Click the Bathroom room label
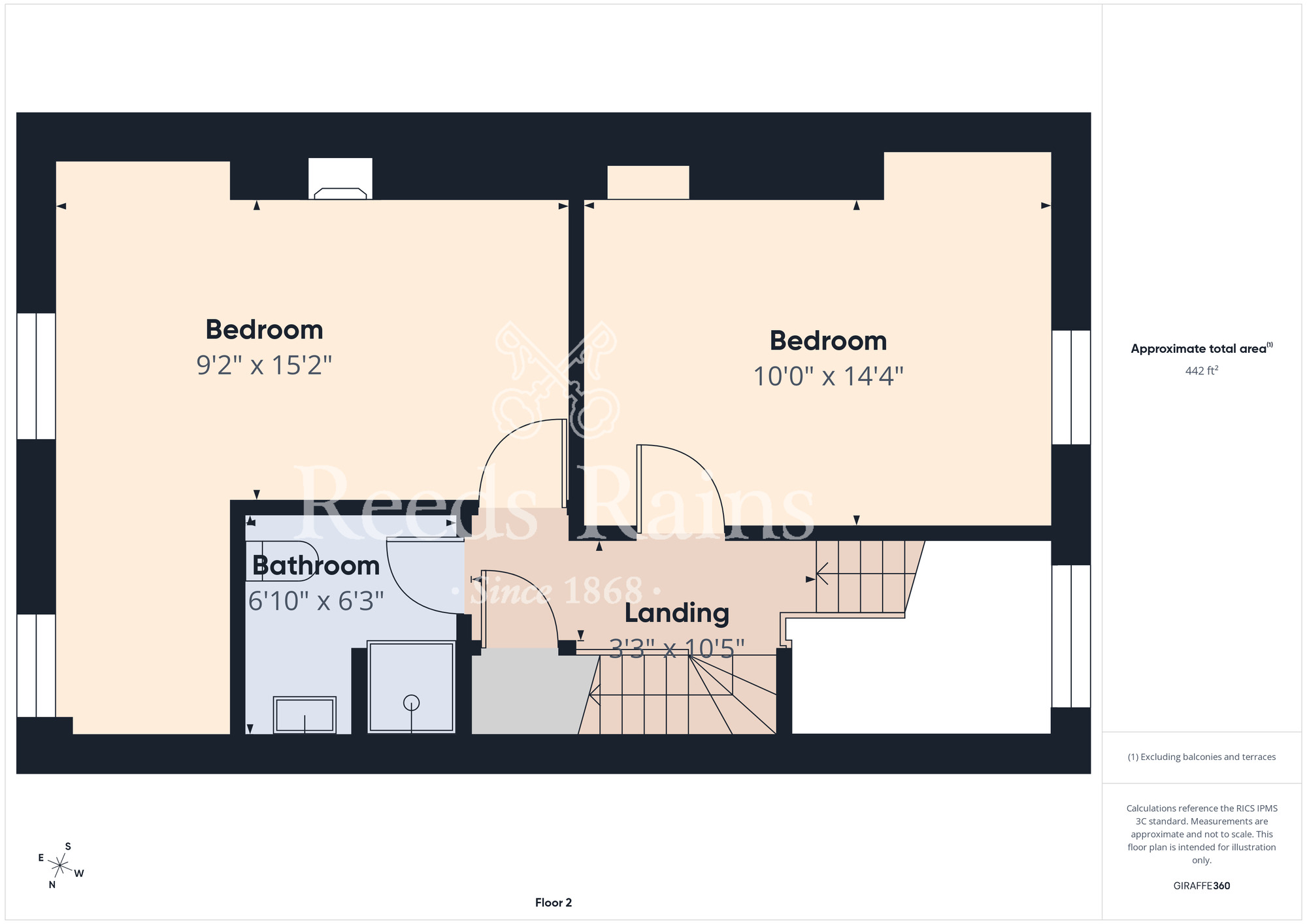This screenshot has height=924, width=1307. (316, 565)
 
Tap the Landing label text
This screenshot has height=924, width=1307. (676, 613)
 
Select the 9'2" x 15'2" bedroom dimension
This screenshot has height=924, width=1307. (264, 365)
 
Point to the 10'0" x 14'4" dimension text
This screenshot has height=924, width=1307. (828, 376)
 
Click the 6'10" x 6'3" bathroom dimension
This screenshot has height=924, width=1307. (316, 601)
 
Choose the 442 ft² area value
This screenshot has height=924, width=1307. (1201, 371)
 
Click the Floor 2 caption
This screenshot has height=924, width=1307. (554, 902)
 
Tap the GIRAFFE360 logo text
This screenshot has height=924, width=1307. (1201, 886)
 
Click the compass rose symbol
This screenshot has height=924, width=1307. (60, 866)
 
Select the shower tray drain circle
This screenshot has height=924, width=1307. (411, 703)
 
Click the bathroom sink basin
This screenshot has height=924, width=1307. (305, 715)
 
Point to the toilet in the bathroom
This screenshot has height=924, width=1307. (282, 561)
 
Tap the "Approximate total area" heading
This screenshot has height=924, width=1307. (1202, 348)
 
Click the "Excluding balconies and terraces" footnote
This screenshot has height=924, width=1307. (1202, 757)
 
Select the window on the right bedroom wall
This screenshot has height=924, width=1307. (1071, 387)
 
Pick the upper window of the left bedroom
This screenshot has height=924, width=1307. (36, 376)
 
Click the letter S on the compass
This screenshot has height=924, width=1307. (68, 846)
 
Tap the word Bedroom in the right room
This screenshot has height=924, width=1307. (828, 340)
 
